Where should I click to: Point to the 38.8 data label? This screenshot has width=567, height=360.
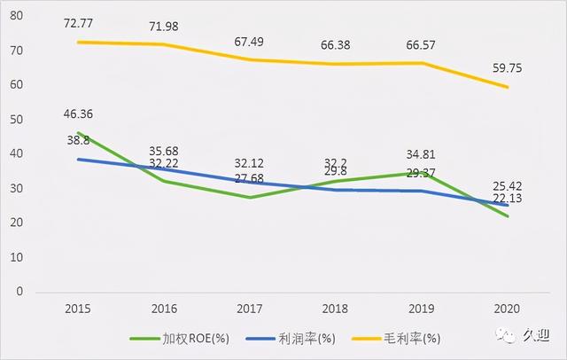pos(78,140)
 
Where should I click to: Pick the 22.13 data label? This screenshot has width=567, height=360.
pos(506,200)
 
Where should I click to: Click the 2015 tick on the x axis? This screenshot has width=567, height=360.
pos(79,309)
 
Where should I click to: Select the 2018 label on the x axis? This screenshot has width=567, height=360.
pos(335,309)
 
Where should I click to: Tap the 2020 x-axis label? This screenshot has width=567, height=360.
pos(506,309)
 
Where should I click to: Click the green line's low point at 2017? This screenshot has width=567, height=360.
pos(250,197)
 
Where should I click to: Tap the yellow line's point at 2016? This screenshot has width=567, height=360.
pos(165,44)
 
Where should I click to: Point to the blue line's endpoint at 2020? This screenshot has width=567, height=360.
pos(507,205)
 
